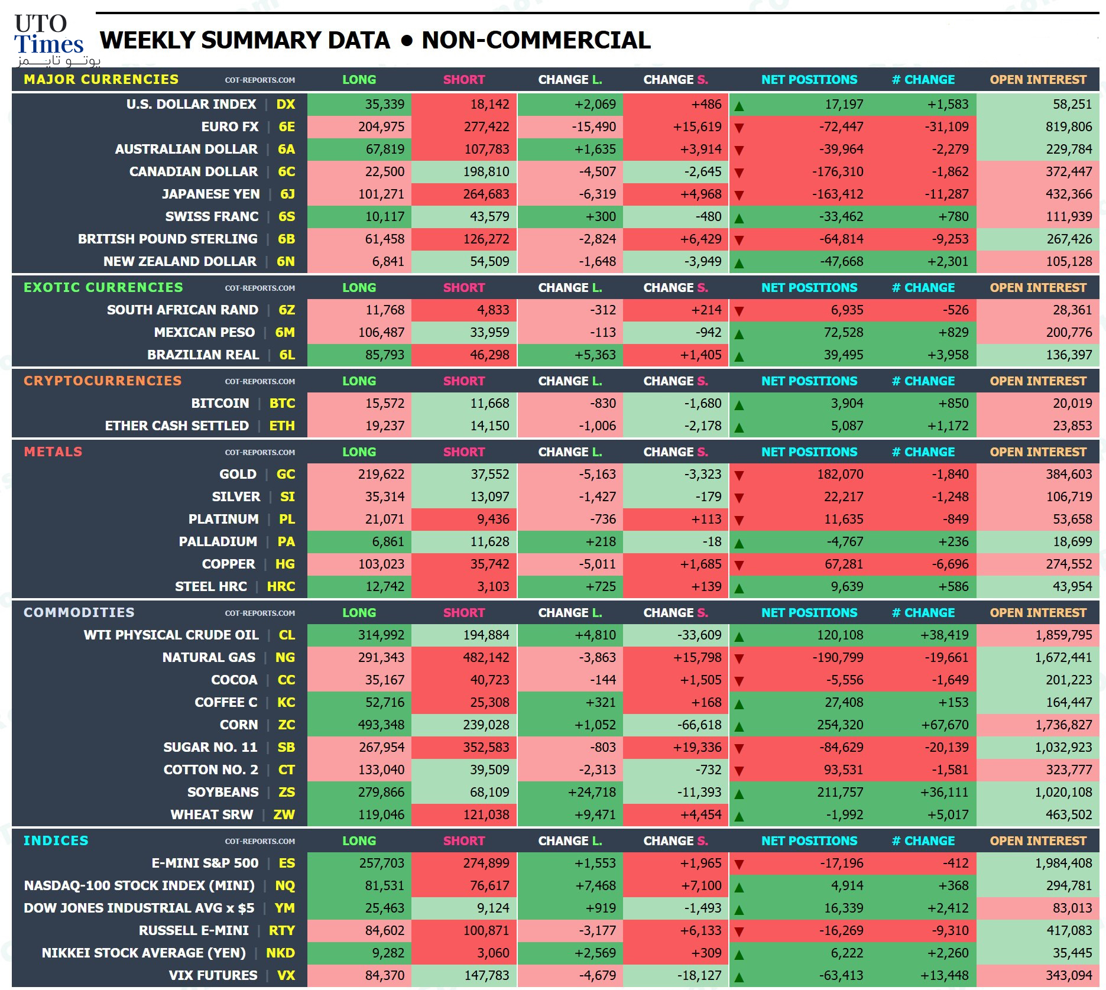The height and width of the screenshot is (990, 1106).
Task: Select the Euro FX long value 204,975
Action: (381, 127)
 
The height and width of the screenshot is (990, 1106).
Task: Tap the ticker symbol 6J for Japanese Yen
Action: (287, 194)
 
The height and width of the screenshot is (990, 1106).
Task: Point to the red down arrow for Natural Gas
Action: (739, 658)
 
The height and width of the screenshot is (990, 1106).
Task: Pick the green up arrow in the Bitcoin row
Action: (739, 405)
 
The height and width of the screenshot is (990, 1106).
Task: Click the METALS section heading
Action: (53, 452)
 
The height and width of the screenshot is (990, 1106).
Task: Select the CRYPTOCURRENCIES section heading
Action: (103, 381)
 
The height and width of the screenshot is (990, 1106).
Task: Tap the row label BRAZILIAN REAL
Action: (203, 355)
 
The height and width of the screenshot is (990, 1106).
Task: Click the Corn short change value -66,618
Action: (699, 725)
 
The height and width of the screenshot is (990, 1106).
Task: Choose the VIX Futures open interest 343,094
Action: (1069, 976)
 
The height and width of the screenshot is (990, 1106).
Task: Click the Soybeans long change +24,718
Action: (592, 793)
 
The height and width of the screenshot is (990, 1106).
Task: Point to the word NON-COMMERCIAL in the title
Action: (536, 40)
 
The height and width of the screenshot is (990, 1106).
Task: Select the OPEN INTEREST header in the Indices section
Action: (1038, 841)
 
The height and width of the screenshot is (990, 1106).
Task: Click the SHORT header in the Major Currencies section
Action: (464, 80)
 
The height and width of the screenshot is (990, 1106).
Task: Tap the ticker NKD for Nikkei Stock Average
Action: (280, 953)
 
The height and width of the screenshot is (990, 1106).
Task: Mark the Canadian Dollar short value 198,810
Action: (486, 172)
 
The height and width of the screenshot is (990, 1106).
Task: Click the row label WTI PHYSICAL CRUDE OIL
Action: (171, 635)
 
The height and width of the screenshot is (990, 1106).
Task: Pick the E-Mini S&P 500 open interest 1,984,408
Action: (1063, 864)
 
